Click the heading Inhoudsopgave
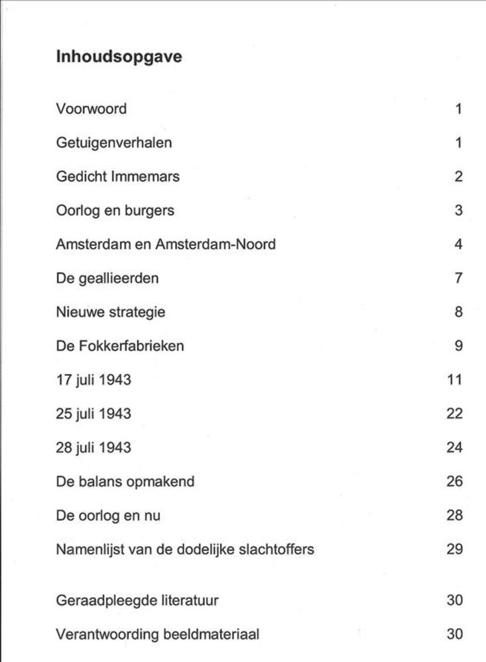[119, 58]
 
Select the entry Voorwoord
[91, 109]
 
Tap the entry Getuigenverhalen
[113, 142]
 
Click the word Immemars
[150, 176]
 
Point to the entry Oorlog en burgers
[115, 211]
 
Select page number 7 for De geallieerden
[458, 278]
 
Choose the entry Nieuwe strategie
[111, 312]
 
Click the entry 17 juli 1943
[93, 380]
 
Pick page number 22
[454, 414]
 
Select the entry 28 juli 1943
[93, 448]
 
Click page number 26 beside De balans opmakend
[454, 481]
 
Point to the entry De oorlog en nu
[108, 515]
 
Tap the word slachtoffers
[278, 549]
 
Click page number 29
[454, 549]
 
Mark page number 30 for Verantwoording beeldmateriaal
[454, 634]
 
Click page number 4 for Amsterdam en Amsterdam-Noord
[458, 244]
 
